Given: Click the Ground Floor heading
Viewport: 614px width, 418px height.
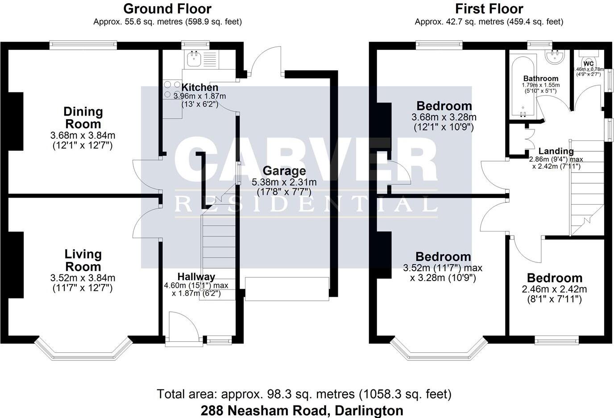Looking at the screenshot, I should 167,8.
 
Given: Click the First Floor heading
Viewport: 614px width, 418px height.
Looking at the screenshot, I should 489,8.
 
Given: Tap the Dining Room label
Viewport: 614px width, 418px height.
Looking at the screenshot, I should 83,118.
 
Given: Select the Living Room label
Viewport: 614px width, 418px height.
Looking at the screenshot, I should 83,261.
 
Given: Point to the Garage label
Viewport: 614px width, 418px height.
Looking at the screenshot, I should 284,171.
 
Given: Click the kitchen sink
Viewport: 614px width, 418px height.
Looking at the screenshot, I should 194,58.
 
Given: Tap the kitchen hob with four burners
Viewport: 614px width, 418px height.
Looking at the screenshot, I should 172,89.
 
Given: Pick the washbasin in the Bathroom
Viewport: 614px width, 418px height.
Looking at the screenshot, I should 556,56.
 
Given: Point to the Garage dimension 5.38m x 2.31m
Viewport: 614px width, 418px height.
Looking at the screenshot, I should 284,182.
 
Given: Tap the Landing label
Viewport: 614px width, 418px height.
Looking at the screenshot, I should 556,151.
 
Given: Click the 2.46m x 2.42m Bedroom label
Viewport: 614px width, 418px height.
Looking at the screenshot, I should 554,278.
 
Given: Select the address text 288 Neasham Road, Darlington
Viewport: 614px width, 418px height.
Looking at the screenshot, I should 302,410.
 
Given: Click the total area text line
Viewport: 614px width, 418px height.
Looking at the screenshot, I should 304,394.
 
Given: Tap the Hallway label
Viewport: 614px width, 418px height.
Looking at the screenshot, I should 196,277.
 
